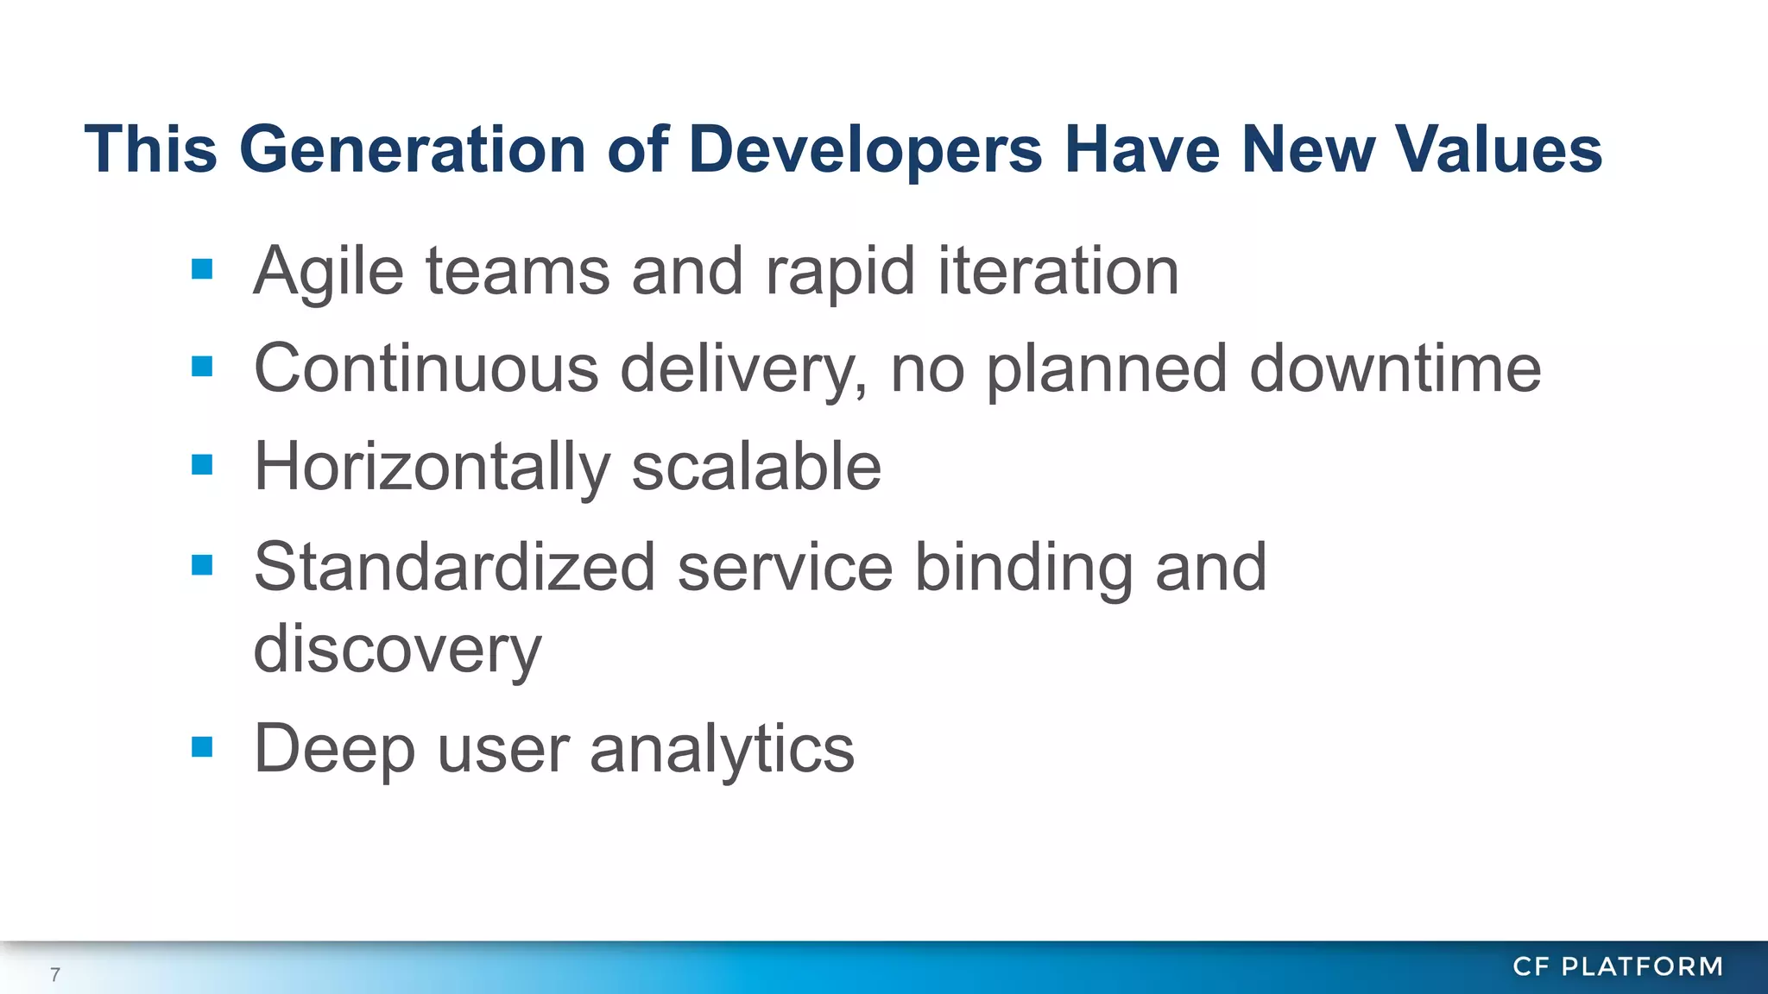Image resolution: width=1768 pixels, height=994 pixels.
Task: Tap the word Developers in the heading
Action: point(865,149)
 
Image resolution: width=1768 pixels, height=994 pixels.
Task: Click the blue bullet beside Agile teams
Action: point(202,270)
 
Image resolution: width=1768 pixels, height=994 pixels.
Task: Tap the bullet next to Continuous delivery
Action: point(202,368)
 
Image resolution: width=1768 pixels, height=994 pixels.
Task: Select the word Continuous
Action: point(426,368)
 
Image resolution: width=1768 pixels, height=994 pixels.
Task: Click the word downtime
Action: point(1394,368)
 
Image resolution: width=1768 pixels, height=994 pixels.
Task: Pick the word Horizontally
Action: point(432,468)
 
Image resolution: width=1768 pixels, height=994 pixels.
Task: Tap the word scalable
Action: point(756,466)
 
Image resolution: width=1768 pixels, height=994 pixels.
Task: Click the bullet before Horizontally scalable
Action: point(202,466)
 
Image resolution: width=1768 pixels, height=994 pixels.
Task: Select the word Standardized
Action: point(454,567)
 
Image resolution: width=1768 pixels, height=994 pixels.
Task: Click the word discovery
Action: point(397,649)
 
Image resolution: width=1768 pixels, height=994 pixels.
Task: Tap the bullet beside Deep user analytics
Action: point(202,746)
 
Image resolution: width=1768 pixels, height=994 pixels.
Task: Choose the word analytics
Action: point(722,749)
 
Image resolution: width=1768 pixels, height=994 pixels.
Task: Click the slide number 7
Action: point(55,975)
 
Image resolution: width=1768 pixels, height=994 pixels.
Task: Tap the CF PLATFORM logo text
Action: point(1618,966)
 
